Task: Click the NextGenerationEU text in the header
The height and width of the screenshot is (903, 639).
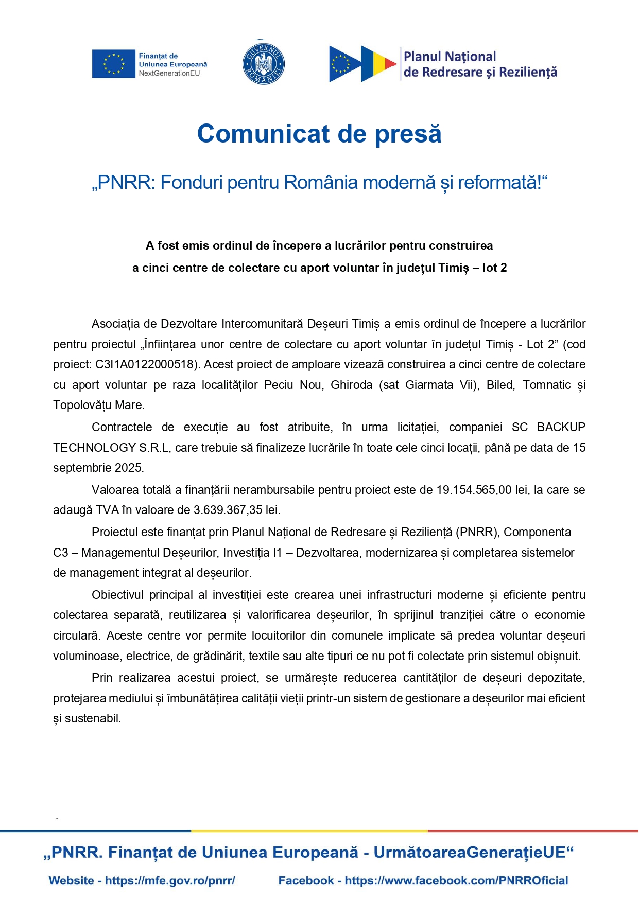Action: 169,74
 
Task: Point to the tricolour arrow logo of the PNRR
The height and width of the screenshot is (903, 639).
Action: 362,64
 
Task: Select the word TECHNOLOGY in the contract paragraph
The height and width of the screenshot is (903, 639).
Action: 94,448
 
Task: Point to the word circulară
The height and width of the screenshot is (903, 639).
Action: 76,636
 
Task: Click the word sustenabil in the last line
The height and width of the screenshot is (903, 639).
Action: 92,719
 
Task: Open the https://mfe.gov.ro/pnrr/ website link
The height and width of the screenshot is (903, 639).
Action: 170,881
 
